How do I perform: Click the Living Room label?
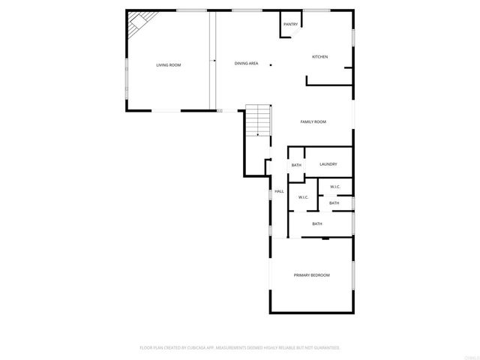[168, 65]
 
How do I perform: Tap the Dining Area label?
[246, 64]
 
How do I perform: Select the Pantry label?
[290, 25]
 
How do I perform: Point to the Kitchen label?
[320, 57]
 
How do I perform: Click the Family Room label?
[313, 121]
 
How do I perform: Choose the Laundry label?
[328, 164]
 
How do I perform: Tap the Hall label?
[279, 191]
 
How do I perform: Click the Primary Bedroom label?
[311, 275]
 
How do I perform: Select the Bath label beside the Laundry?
[296, 165]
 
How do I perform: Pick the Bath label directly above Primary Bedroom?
[317, 223]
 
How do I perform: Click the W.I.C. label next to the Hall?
[303, 197]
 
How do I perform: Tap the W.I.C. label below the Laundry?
[335, 187]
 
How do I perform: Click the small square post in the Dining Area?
[271, 64]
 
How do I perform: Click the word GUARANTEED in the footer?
[325, 348]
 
